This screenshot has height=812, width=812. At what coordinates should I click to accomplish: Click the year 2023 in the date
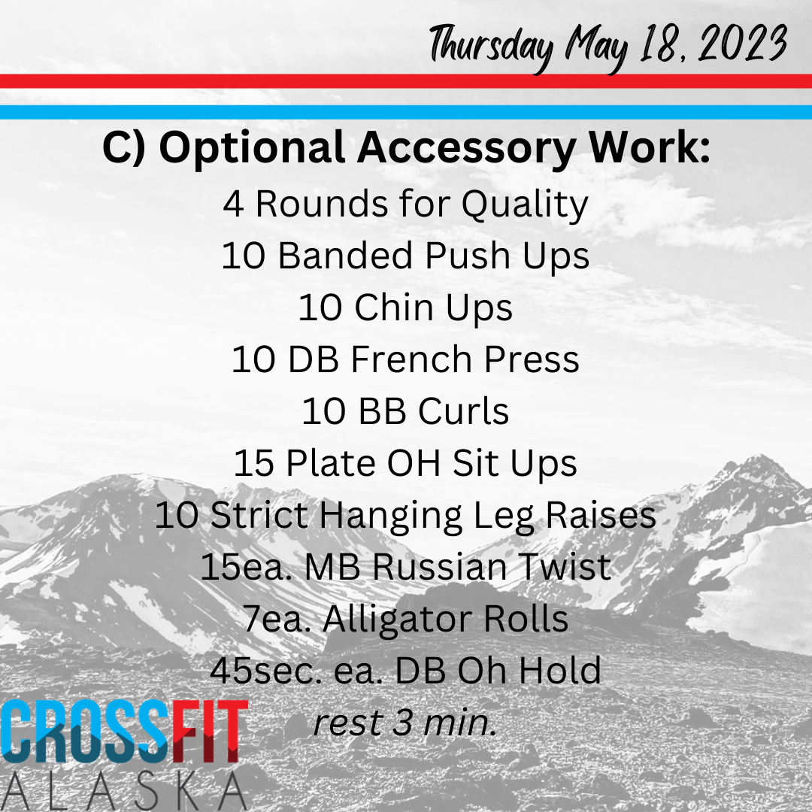[743, 44]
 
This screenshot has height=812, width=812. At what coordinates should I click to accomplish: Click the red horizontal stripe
[406, 80]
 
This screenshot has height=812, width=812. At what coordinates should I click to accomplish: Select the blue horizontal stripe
[406, 112]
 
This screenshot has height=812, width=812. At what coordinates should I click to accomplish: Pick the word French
[411, 359]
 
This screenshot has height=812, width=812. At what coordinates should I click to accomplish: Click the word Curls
[463, 411]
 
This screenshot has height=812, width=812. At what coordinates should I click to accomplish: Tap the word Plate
[330, 462]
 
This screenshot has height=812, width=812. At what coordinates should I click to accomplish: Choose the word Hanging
[389, 517]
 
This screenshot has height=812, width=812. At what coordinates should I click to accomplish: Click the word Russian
[439, 567]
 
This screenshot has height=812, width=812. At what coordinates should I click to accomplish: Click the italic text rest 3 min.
[405, 723]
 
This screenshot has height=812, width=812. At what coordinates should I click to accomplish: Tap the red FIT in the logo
[210, 732]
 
